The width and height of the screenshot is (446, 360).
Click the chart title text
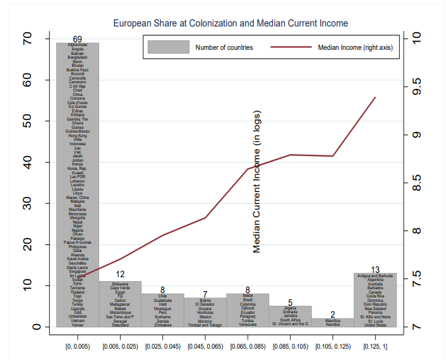point(230,23)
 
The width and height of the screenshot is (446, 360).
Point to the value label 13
point(375,270)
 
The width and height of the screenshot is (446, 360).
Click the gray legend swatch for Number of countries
point(169,47)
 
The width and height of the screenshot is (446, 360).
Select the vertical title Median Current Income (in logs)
point(257,181)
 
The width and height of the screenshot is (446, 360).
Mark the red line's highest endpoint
point(375,97)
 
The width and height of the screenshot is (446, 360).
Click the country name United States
point(375,325)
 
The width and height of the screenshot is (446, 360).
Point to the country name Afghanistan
point(78,45)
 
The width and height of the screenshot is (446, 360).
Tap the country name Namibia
point(333,325)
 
